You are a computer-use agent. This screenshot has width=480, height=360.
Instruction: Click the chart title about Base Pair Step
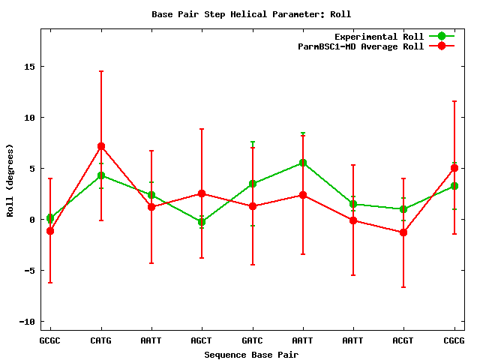point(251,14)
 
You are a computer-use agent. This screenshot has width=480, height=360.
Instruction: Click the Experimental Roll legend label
point(379,37)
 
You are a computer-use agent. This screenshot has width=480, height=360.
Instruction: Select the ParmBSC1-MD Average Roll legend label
point(361,46)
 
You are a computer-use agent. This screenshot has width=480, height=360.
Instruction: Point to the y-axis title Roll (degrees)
point(10,179)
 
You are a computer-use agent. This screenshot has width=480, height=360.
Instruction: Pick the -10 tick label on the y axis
point(28,322)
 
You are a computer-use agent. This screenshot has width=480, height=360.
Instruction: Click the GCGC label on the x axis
point(50,340)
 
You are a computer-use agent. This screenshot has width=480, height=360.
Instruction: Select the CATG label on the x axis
point(101,340)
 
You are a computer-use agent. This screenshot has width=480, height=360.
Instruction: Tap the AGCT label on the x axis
point(202,340)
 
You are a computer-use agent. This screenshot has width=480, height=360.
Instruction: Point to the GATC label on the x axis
point(253,340)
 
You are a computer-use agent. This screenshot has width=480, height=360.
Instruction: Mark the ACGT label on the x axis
point(403,340)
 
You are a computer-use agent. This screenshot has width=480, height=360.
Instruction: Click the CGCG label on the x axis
point(454,340)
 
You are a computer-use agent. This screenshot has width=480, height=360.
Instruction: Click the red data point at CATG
point(101,146)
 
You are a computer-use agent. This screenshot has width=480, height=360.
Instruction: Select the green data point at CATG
point(101,175)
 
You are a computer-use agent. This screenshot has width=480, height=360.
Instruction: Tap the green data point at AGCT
point(202,222)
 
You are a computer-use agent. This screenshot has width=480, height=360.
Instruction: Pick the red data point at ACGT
point(403,232)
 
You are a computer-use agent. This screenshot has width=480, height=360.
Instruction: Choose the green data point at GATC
point(253,184)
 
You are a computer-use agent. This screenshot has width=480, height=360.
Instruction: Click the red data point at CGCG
point(454,168)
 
